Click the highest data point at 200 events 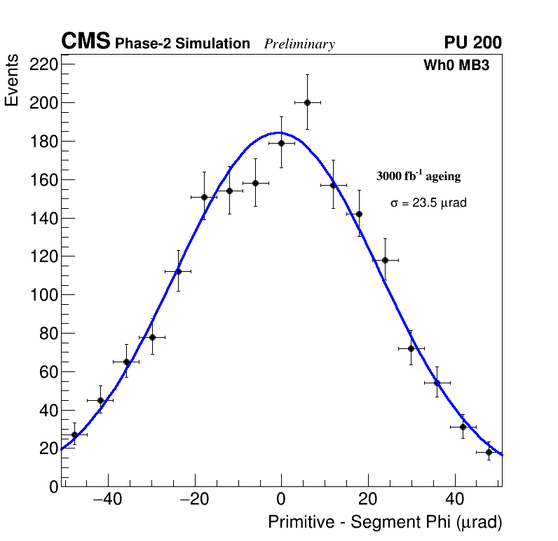[307, 102]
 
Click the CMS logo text [86, 42]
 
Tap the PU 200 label [472, 43]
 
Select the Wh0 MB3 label [456, 66]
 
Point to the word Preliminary [299, 44]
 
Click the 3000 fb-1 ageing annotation [418, 176]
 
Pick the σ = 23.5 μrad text [428, 203]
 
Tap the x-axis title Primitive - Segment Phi [385, 522]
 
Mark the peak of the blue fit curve [278, 132]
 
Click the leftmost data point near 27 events [74, 434]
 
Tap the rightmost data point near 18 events [489, 452]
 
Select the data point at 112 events [178, 271]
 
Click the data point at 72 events [411, 348]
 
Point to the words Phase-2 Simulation [182, 44]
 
